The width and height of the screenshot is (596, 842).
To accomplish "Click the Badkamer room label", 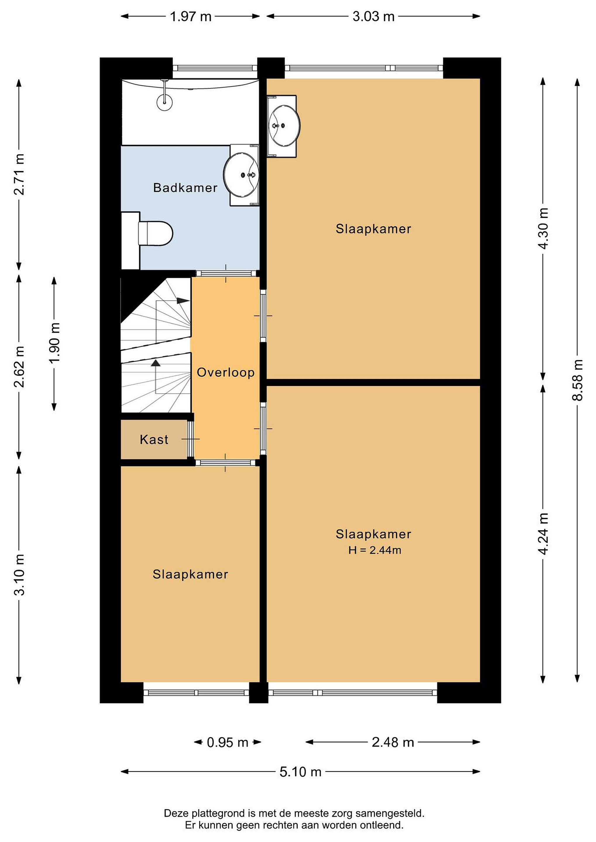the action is pyautogui.click(x=185, y=188).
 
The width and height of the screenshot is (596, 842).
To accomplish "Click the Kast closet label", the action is pyautogui.click(x=154, y=439).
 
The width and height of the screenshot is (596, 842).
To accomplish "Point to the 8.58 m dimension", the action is pyautogui.click(x=578, y=380).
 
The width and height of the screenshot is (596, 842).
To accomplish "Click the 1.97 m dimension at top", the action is pyautogui.click(x=191, y=16).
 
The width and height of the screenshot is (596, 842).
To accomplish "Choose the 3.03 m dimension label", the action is pyautogui.click(x=374, y=16).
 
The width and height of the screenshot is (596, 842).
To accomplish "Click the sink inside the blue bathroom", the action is pyautogui.click(x=241, y=175).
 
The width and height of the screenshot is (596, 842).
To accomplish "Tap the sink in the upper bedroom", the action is pyautogui.click(x=284, y=126).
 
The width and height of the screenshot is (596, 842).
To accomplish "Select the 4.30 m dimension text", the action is pyautogui.click(x=543, y=228).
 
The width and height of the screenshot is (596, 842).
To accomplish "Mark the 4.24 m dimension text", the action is pyautogui.click(x=543, y=534).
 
